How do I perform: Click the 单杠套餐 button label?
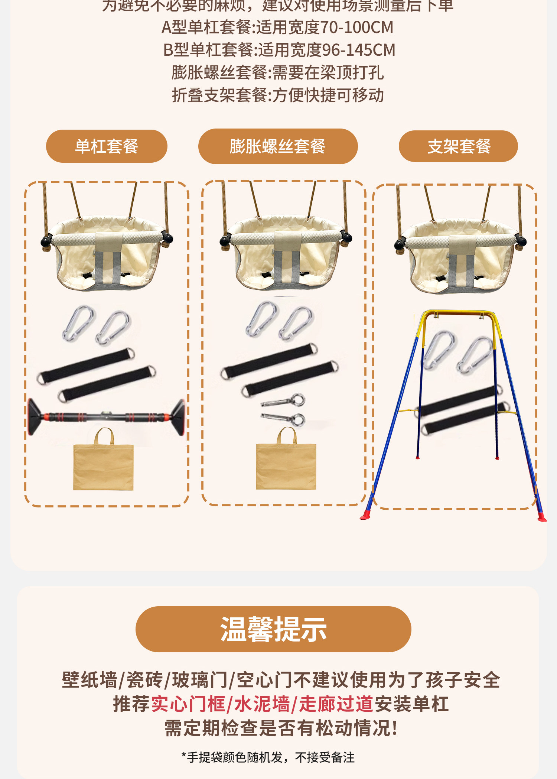pos(107,146)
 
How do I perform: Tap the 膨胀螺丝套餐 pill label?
pos(277,146)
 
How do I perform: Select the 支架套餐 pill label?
pos(459,146)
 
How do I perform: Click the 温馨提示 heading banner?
pos(273,629)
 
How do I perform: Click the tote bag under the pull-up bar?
pos(103,464)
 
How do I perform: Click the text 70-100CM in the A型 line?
pos(356,27)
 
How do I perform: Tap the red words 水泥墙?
pos(262,704)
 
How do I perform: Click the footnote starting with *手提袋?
pos(268,757)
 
